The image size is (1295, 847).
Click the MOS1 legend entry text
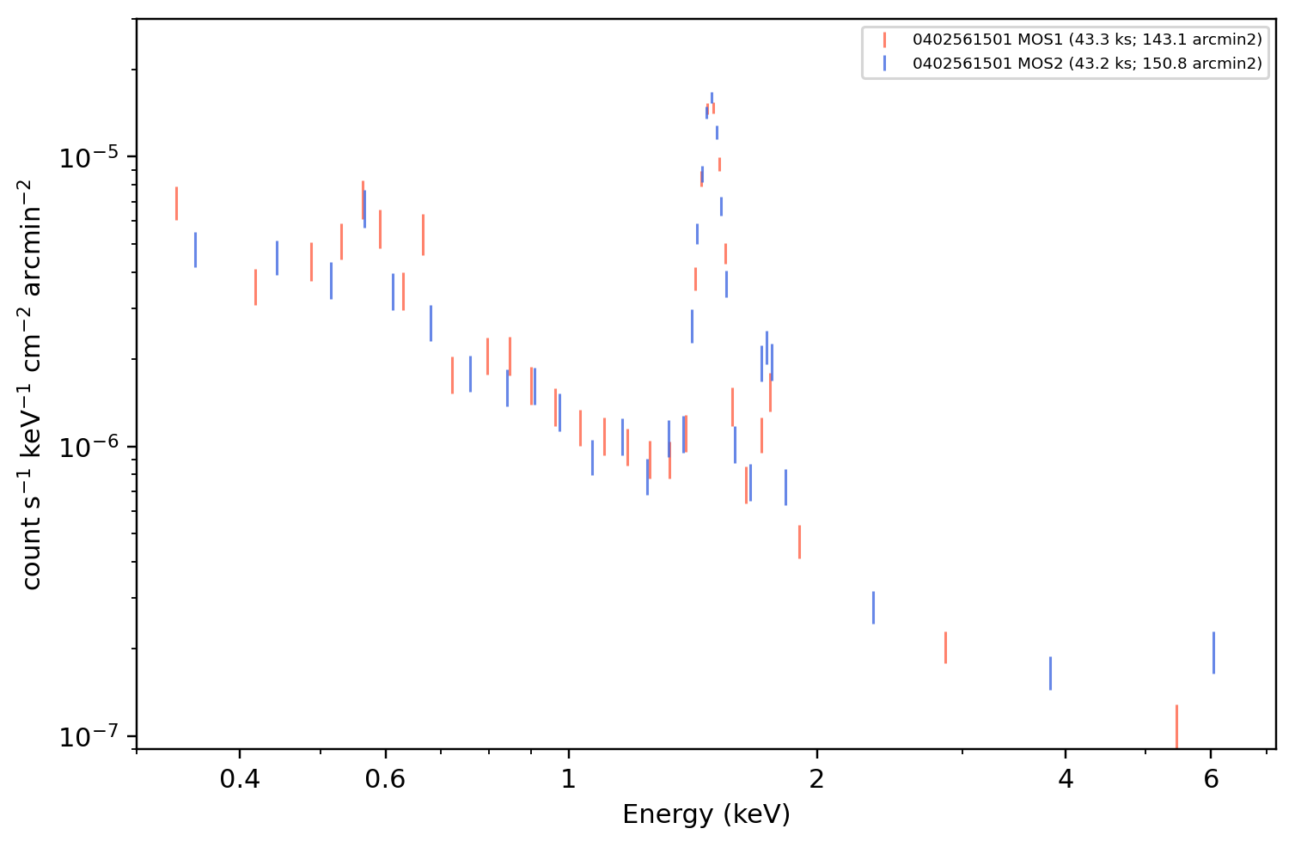[1087, 40]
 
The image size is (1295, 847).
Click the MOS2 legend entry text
[1087, 63]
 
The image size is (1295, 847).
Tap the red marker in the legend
[884, 40]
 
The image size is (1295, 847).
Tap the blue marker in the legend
[884, 64]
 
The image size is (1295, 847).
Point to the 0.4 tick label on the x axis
[240, 779]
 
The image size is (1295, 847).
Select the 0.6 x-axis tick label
[385, 779]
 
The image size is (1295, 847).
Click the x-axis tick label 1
[569, 779]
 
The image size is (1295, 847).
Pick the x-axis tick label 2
[817, 779]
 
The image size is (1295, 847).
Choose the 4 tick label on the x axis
[1066, 779]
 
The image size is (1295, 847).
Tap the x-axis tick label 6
[1211, 779]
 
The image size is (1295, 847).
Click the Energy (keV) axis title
[706, 814]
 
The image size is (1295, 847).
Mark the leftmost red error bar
[176, 204]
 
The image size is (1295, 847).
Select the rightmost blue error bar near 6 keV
[1213, 653]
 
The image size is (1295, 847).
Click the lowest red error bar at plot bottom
[1176, 727]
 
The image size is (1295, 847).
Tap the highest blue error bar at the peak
[712, 98]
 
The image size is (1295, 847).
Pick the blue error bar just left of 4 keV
[1050, 673]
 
